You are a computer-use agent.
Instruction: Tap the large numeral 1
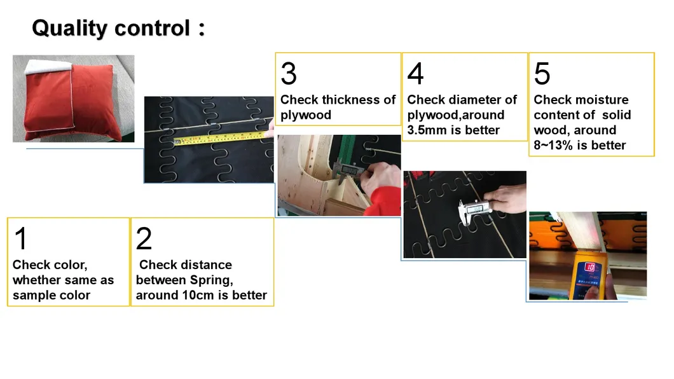21,238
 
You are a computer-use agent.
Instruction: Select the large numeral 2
144,238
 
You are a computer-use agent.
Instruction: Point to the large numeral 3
289,74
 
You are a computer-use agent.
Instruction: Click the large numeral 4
416,74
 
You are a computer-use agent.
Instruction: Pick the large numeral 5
542,74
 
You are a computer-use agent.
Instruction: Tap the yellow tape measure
219,139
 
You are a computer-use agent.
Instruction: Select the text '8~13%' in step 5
553,145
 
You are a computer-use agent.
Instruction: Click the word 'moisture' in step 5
603,100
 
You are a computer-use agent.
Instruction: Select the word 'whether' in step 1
38,280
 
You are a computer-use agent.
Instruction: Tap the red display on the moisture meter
590,268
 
